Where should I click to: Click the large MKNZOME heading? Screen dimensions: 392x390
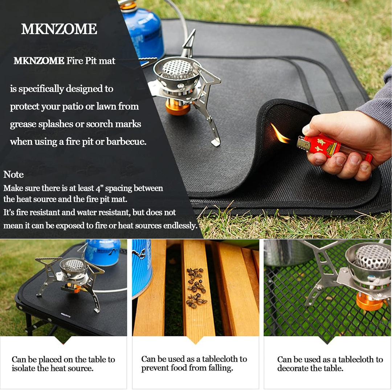click(x=59, y=29)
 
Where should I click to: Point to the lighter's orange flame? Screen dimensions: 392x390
click(x=279, y=134)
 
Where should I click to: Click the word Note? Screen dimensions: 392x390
click(x=13, y=174)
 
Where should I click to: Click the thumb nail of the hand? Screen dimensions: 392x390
click(x=306, y=129)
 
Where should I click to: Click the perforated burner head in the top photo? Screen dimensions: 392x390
click(x=177, y=69)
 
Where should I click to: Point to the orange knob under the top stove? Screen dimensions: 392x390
click(x=177, y=108)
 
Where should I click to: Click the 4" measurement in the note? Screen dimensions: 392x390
click(x=99, y=188)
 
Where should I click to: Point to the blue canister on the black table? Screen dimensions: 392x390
click(x=102, y=252)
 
